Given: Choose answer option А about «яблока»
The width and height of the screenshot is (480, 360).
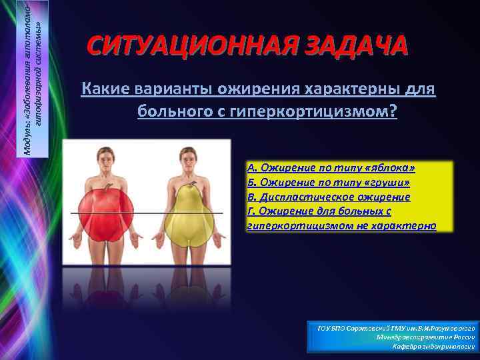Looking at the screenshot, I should tap(331, 167).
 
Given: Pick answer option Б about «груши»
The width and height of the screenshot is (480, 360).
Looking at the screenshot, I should tap(328, 182).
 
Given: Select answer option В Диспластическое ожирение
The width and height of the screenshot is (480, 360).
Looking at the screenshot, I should tap(328, 197).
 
